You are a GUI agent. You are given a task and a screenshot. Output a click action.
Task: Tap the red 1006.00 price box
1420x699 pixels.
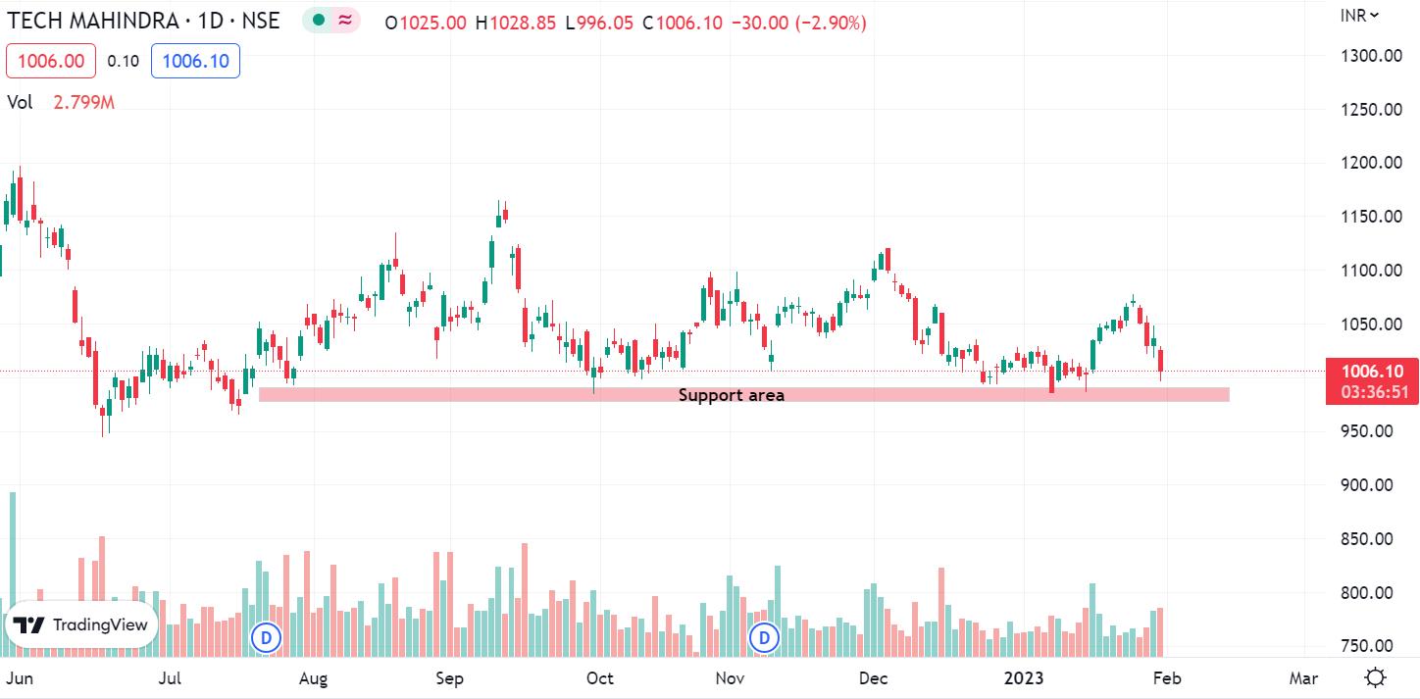51,61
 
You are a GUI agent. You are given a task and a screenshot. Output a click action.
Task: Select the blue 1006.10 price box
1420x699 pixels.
195,61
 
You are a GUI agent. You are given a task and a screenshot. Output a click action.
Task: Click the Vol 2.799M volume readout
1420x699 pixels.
61,102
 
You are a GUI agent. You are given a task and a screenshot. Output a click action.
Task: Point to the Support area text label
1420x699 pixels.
731,395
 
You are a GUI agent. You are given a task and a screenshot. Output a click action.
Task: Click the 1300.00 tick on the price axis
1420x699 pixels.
1371,56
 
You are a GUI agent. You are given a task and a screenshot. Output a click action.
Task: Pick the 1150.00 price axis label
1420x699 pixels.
1371,217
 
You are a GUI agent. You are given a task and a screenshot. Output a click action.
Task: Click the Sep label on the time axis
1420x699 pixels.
449,678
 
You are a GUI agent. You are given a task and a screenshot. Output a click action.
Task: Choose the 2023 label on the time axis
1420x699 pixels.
1023,678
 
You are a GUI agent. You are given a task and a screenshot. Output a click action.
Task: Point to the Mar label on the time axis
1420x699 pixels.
1303,678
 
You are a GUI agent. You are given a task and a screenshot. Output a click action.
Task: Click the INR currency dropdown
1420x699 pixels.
1359,16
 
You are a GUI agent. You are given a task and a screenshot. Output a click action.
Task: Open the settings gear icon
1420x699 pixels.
1375,677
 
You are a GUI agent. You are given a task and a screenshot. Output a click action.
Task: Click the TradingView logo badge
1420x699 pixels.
80,624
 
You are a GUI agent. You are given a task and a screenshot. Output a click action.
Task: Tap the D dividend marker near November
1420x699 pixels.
764,637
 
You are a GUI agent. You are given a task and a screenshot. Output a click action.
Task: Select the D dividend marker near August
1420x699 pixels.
267,637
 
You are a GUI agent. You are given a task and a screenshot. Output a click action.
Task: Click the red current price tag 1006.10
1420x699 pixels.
1372,380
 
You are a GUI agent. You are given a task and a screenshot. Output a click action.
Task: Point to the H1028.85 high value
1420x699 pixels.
516,23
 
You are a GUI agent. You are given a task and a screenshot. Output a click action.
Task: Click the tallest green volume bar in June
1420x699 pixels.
13,574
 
